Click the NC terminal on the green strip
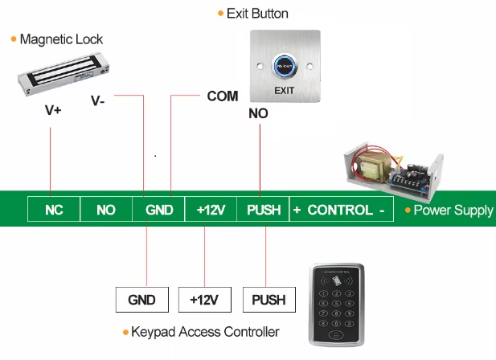pos(54,210)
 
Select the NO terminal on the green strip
pos(106,210)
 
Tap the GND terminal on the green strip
pos(159,210)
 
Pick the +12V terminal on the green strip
pos(211,210)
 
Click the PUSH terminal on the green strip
pos(264,210)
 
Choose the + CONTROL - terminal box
pos(338,210)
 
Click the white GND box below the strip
pos(142,300)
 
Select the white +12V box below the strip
pos(205,300)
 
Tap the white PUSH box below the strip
pos(268,300)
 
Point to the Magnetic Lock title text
pos(61,39)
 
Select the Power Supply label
pos(453,211)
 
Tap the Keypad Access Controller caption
pos(205,332)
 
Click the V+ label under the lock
pos(53,111)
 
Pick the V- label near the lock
pos(97,101)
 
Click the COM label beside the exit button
pos(223,96)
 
